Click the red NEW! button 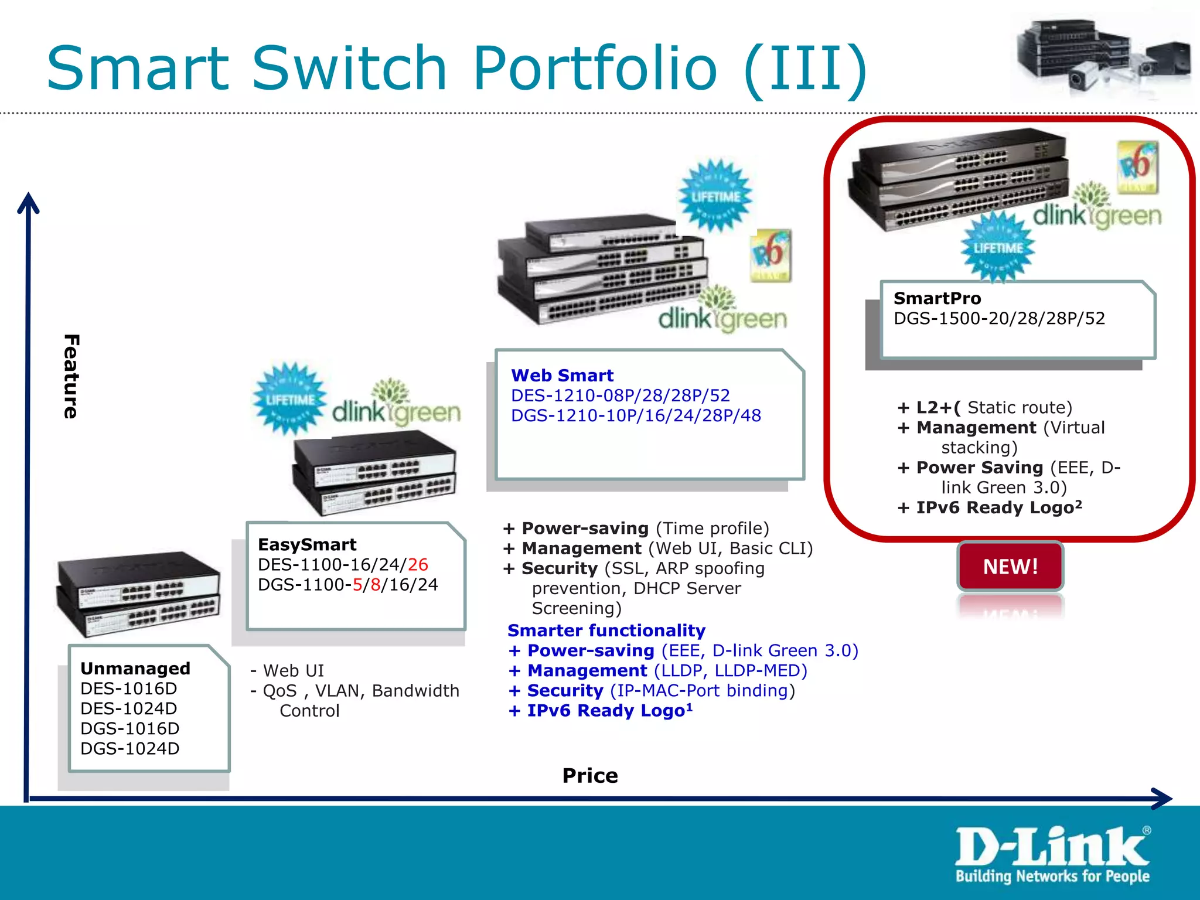(x=1010, y=567)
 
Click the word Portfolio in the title (x=595, y=69)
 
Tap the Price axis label (x=590, y=775)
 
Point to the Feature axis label (x=71, y=376)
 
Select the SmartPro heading (x=937, y=298)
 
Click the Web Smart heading (x=562, y=375)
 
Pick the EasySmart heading (x=307, y=544)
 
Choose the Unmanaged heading (x=135, y=668)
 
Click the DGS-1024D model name (x=130, y=748)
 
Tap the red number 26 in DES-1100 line (x=418, y=564)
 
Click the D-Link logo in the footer (x=1052, y=854)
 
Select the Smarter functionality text (x=606, y=630)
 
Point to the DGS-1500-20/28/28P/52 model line (x=999, y=318)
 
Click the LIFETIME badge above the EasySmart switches (x=289, y=399)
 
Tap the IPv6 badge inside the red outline (x=1137, y=166)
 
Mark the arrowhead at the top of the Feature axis (x=28, y=203)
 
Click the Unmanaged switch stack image (x=138, y=593)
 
